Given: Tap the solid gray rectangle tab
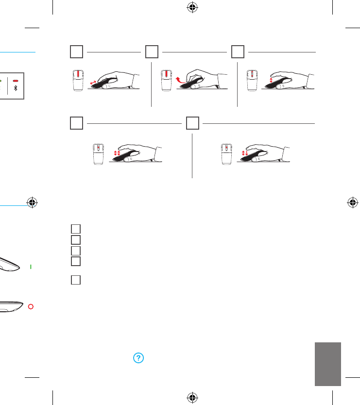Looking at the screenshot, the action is click(327, 364).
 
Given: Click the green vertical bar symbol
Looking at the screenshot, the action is click(30, 267).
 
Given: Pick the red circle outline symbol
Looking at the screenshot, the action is click(30, 307).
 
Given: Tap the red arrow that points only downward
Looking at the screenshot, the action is click(247, 153).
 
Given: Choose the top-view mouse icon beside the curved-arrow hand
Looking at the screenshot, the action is click(166, 80).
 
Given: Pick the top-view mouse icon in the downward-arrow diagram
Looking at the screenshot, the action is click(225, 154).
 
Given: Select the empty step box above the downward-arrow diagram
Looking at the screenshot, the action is click(192, 124).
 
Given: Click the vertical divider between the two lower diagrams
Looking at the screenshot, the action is click(192, 155).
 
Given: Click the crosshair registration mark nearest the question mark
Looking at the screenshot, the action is click(193, 397).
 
